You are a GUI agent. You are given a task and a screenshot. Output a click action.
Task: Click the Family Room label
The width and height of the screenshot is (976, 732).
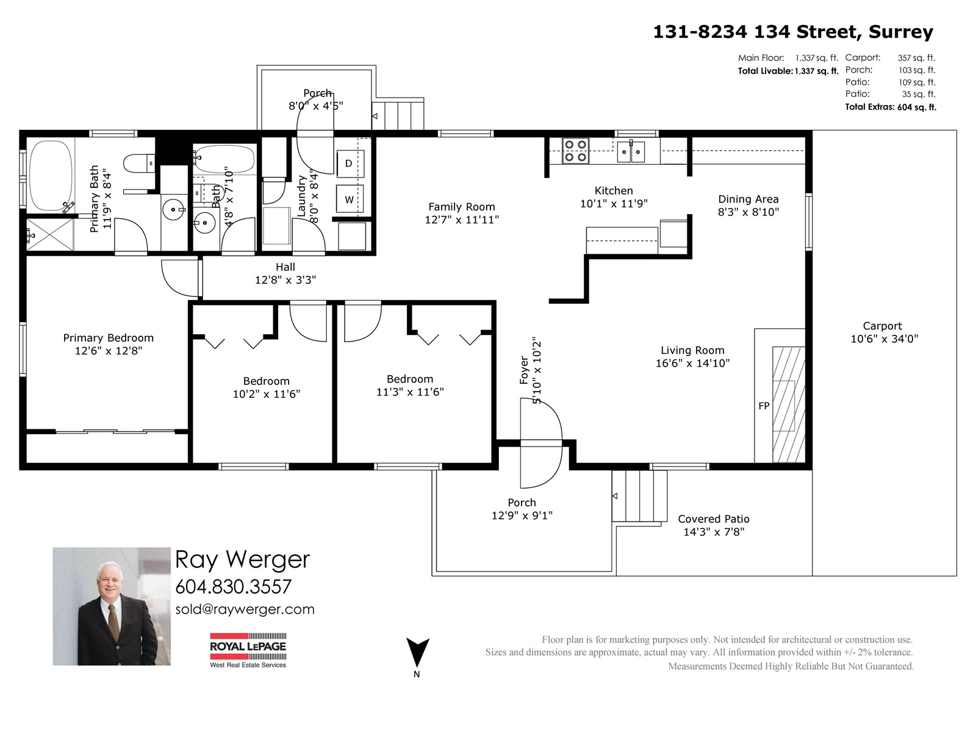pyautogui.click(x=461, y=207)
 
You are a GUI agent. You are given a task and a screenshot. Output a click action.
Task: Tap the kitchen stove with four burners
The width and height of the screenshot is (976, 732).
pyautogui.click(x=575, y=151)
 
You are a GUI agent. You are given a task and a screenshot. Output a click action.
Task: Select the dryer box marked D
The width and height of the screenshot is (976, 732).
pyautogui.click(x=350, y=163)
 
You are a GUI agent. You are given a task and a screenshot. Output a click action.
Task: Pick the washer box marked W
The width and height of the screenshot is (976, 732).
pyautogui.click(x=350, y=199)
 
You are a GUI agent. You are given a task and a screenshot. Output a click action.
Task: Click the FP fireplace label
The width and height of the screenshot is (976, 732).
pyautogui.click(x=764, y=406)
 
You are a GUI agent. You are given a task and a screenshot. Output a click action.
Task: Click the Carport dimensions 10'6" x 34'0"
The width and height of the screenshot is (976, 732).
pyautogui.click(x=884, y=339)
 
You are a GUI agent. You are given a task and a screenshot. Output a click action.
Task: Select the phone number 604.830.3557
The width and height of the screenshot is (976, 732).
pyautogui.click(x=233, y=586)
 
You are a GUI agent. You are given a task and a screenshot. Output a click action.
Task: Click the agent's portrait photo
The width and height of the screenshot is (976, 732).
pyautogui.click(x=112, y=606)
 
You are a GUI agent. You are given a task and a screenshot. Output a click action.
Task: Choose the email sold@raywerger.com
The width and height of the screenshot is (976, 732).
pyautogui.click(x=245, y=609)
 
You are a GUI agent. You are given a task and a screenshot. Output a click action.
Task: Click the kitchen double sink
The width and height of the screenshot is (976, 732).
pyautogui.click(x=630, y=151)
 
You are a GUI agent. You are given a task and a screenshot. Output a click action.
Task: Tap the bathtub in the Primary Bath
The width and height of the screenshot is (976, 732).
pyautogui.click(x=50, y=175)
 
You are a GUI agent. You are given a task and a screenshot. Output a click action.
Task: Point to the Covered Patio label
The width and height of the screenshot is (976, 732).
pyautogui.click(x=713, y=518)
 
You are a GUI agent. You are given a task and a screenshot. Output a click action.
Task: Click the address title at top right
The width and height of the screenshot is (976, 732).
pyautogui.click(x=792, y=32)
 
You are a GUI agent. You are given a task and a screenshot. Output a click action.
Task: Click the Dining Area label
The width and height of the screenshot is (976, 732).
pyautogui.click(x=748, y=199)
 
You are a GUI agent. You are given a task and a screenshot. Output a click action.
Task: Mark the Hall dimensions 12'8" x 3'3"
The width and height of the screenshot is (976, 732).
pyautogui.click(x=285, y=280)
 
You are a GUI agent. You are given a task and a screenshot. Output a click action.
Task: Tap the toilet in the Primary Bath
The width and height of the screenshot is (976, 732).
pyautogui.click(x=138, y=163)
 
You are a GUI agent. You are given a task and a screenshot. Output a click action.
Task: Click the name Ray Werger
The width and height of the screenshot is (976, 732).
pyautogui.click(x=242, y=559)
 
